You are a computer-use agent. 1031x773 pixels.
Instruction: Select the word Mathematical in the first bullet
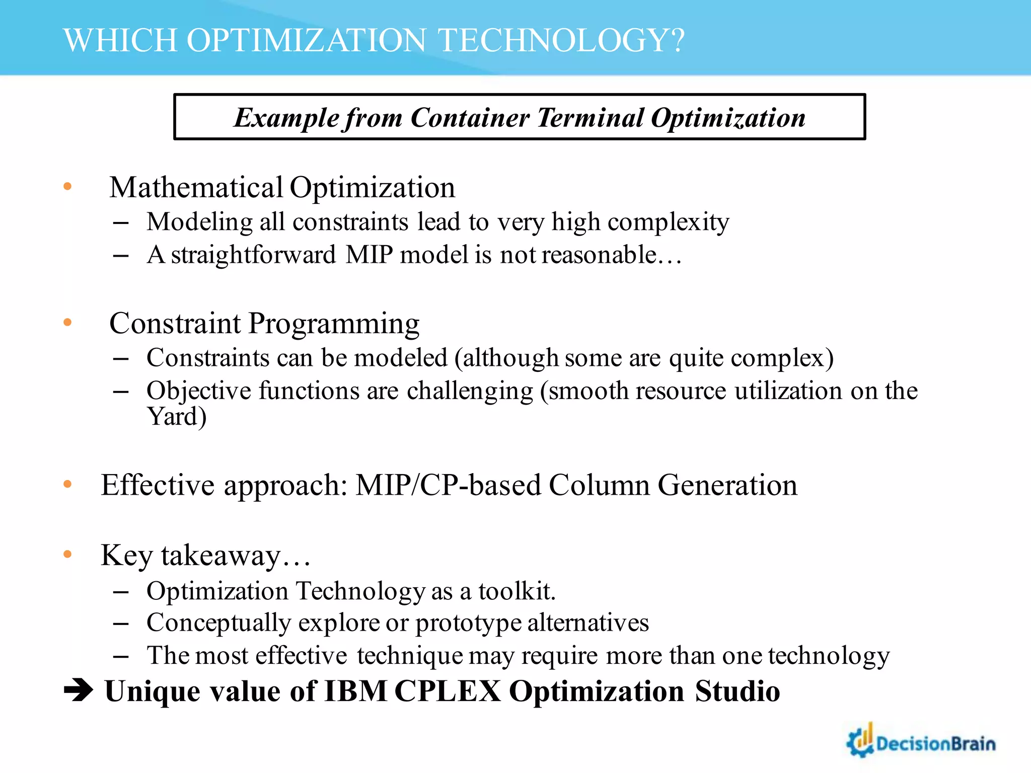coord(196,188)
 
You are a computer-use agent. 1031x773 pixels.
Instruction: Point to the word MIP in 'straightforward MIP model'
coord(369,255)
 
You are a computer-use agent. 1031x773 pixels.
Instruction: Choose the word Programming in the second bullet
coord(334,323)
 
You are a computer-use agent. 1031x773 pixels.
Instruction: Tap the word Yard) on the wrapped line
coord(177,417)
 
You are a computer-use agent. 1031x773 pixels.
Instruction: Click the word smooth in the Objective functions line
coord(587,391)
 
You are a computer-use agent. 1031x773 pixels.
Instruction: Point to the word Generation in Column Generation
coord(727,485)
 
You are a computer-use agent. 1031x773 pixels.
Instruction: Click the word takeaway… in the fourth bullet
coord(236,556)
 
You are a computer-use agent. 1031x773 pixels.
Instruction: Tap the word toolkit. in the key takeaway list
coord(517,591)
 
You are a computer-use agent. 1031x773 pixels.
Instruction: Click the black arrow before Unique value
coord(79,690)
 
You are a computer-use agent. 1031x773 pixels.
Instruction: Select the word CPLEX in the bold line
coord(448,691)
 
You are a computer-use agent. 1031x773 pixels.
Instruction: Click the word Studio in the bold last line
coord(738,691)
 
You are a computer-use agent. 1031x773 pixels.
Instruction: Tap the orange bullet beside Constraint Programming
coord(67,323)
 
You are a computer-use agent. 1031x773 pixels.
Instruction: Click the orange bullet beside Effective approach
coord(67,485)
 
